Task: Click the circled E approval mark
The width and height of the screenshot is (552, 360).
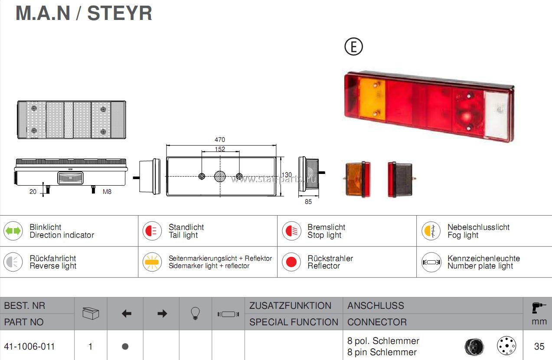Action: [354, 46]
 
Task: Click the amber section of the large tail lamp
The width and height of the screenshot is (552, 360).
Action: [372, 99]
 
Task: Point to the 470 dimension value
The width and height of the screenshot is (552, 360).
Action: [219, 140]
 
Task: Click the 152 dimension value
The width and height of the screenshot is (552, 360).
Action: [220, 149]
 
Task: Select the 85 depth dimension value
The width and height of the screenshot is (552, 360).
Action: [308, 202]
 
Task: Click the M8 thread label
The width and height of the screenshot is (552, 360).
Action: [107, 192]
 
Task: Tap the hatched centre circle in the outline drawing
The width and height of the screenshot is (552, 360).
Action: [220, 177]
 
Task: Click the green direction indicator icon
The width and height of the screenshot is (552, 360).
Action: [13, 231]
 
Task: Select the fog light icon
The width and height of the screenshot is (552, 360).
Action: [431, 231]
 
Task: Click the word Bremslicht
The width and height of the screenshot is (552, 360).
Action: [326, 227]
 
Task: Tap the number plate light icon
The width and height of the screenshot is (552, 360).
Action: [431, 262]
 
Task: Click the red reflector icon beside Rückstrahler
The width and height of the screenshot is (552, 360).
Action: [291, 262]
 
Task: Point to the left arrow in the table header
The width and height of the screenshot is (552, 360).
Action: [127, 314]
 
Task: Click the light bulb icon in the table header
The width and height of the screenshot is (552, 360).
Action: [195, 314]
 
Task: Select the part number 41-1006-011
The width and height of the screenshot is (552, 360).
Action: [29, 347]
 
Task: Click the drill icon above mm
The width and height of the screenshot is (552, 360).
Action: [538, 308]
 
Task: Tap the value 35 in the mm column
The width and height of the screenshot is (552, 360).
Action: [539, 347]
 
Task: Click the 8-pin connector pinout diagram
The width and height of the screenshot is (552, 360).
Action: [506, 345]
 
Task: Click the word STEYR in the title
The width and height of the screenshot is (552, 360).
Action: [120, 13]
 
